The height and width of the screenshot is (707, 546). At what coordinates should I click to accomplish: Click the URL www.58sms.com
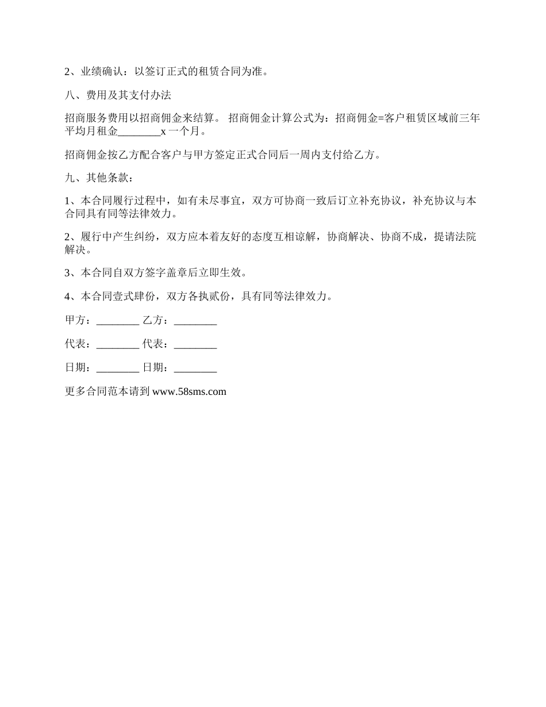click(189, 392)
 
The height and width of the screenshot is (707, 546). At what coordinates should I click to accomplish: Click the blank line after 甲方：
click(118, 321)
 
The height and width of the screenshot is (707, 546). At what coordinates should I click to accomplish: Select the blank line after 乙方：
click(195, 321)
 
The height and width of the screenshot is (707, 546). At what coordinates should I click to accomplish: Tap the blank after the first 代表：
click(118, 344)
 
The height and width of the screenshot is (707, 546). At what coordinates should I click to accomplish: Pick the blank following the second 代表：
click(195, 344)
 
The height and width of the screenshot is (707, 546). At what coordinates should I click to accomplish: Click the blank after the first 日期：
click(118, 368)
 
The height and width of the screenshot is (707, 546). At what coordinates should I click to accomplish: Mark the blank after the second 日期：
click(195, 368)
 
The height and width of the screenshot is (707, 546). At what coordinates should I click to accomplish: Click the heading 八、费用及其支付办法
click(118, 95)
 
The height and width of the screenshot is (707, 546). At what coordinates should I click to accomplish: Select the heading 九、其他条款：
click(99, 178)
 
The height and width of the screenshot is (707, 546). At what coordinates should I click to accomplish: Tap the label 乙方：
click(155, 321)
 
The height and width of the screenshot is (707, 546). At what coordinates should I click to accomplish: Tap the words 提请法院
click(455, 237)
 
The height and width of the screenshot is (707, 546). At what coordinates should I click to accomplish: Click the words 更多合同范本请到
click(107, 392)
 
